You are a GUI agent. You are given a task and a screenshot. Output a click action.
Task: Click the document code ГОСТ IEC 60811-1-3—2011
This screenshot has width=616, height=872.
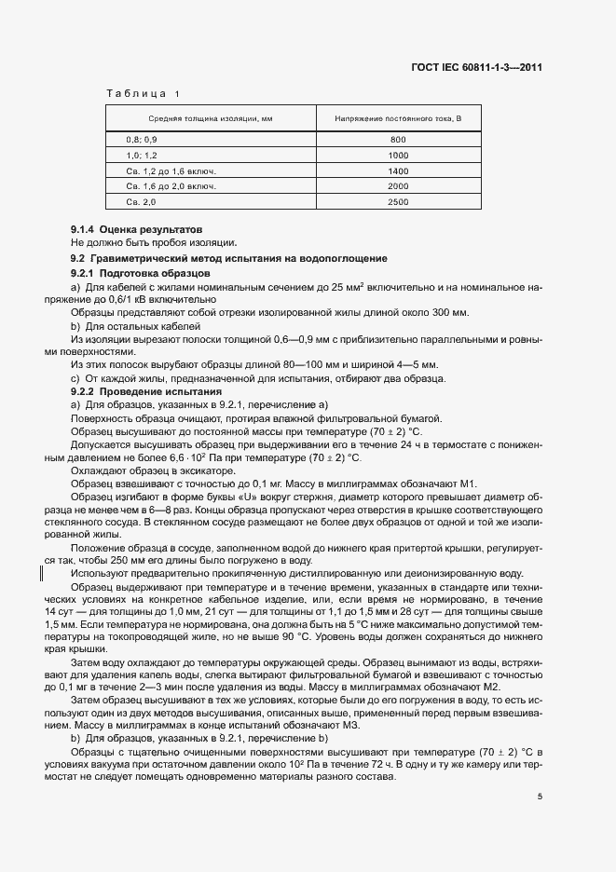[x=476, y=67]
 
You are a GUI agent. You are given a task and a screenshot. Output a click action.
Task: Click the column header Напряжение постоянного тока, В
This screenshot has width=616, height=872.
[x=398, y=119]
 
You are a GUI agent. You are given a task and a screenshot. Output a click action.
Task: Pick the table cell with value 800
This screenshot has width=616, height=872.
[x=398, y=139]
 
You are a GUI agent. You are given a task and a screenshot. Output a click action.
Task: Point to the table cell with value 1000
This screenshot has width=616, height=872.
[x=398, y=155]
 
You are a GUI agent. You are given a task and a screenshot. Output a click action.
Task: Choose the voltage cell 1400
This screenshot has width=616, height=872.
[x=398, y=170]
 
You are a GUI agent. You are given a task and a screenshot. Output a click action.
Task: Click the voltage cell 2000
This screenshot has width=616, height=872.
[x=398, y=186]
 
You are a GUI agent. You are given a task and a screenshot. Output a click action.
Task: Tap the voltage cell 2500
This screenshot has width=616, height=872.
[x=398, y=202]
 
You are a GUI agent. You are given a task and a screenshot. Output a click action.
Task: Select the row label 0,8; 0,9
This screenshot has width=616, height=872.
[x=143, y=139]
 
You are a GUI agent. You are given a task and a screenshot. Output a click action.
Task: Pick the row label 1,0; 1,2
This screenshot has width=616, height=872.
[x=143, y=155]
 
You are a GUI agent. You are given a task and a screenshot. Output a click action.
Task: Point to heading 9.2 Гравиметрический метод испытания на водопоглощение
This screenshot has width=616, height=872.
[x=228, y=257]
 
